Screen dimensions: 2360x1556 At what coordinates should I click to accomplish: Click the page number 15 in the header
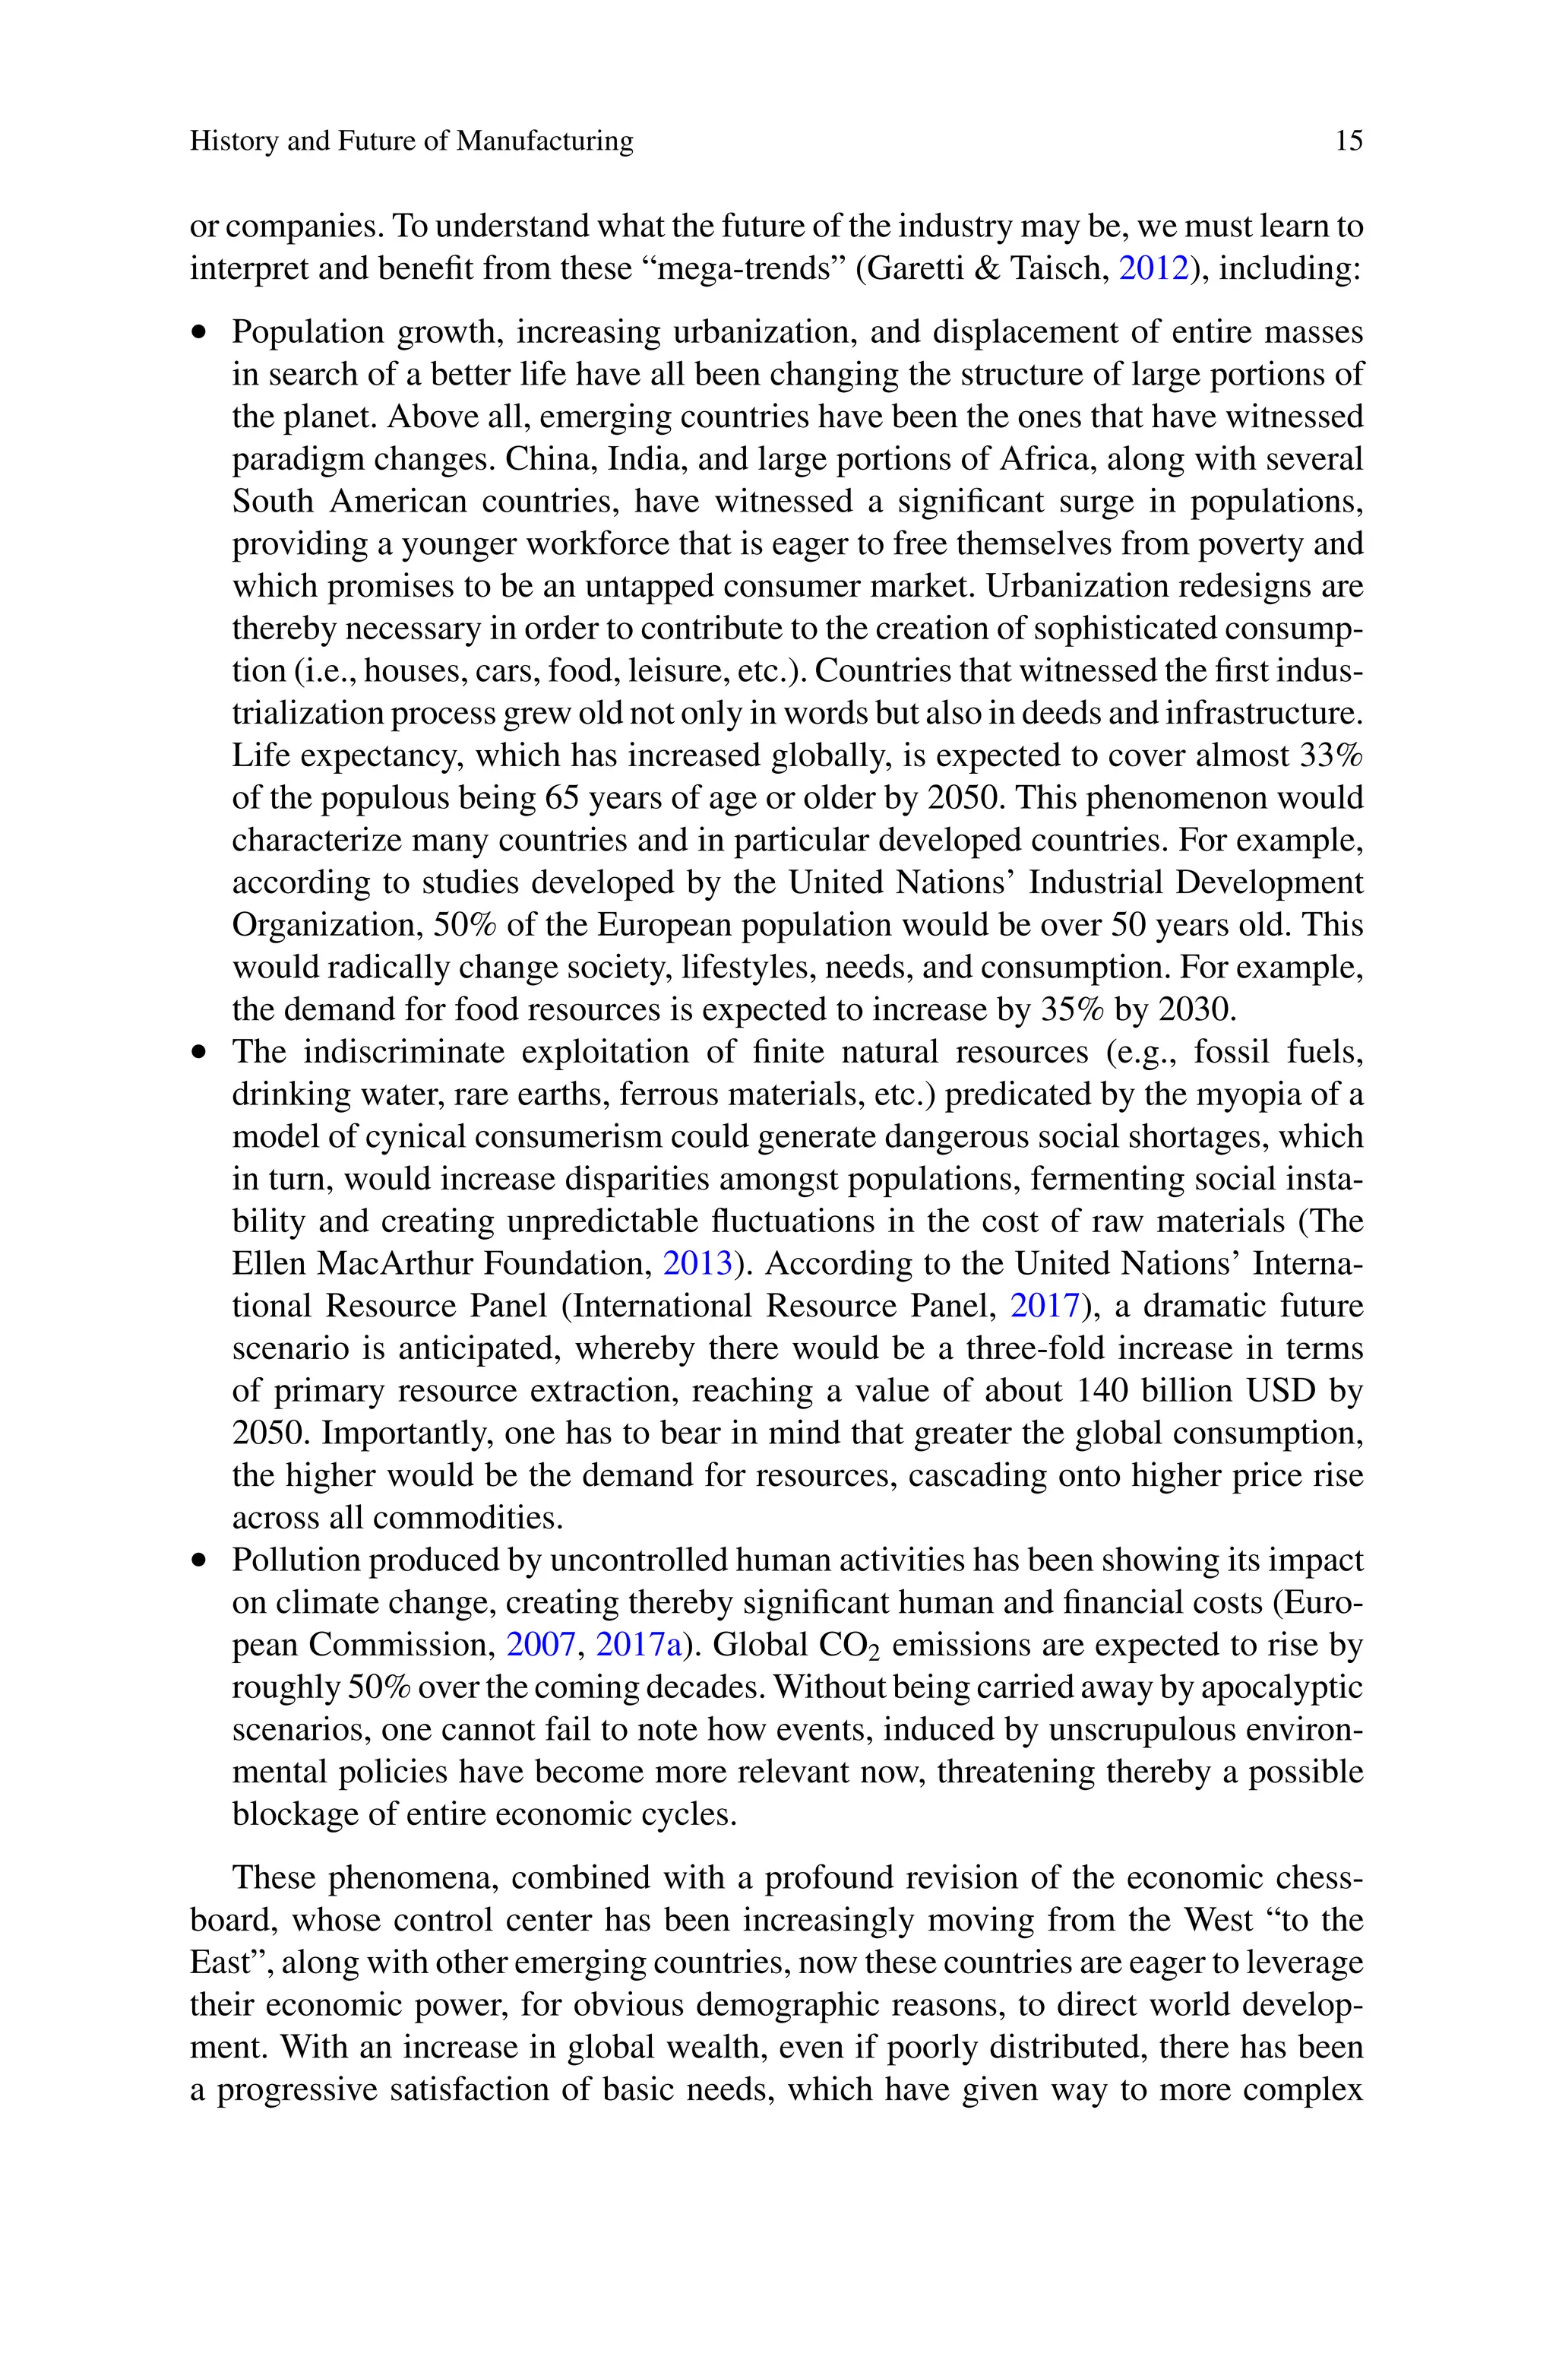tap(1348, 141)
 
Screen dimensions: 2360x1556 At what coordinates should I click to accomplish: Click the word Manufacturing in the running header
tap(544, 141)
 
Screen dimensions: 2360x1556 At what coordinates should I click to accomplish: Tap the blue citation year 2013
tap(697, 1263)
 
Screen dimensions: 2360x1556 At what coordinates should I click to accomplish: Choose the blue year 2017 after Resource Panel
tap(1044, 1306)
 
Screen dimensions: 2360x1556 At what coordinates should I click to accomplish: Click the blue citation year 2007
tap(541, 1645)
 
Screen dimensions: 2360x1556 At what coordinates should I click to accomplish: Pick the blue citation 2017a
tap(638, 1645)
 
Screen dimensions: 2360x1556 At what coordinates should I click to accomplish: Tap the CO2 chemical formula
tap(849, 1646)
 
